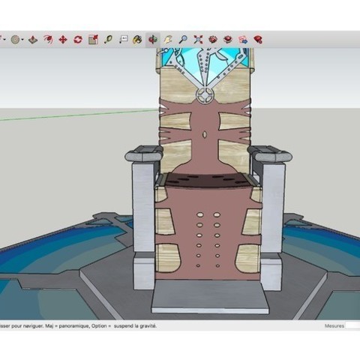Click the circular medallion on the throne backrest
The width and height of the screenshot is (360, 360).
coord(204,95)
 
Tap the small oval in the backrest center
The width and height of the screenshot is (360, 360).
coord(204,136)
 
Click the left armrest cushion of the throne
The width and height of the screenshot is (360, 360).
coord(143,155)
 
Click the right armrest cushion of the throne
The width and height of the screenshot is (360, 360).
coord(271,155)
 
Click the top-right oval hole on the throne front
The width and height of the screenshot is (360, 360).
coord(216,214)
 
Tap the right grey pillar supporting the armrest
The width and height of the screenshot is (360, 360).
coord(272,217)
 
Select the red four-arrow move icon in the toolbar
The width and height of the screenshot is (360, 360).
coord(62,39)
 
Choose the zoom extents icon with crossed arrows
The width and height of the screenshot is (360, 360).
coord(198,39)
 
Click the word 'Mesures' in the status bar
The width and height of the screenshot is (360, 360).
coord(334,326)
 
